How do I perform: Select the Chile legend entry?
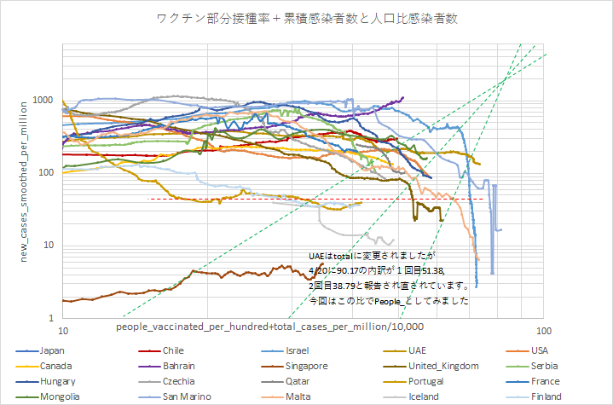tap(175, 350)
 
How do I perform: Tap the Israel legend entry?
tap(298, 350)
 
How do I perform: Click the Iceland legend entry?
tap(423, 396)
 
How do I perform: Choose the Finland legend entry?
tap(546, 396)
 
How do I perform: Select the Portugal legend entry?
tap(426, 381)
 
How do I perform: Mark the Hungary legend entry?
tap(57, 381)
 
